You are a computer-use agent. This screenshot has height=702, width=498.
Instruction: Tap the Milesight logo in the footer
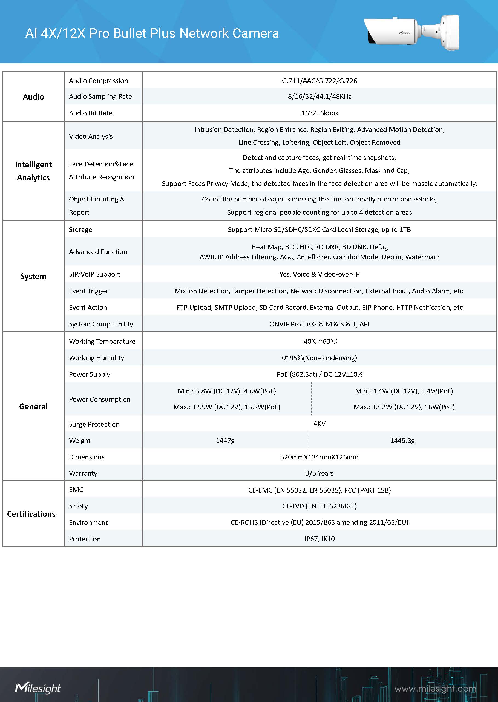(x=38, y=688)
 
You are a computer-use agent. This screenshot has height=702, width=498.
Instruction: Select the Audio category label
(x=33, y=97)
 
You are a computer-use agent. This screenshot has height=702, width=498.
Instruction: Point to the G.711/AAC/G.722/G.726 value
(x=319, y=81)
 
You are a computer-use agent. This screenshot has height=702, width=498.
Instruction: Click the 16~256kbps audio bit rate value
(x=319, y=113)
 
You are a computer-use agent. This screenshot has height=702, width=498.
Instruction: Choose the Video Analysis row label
(x=91, y=136)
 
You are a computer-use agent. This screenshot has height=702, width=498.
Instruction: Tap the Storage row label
(x=80, y=230)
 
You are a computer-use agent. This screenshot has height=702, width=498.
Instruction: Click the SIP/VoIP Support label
(x=94, y=274)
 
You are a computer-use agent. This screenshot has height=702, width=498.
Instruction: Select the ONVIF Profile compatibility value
(x=319, y=324)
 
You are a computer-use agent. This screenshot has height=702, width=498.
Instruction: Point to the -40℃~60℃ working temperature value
(x=319, y=341)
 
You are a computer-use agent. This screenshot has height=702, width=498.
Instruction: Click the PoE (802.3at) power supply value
(x=319, y=374)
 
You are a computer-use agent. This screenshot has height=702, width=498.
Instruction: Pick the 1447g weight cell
(x=225, y=441)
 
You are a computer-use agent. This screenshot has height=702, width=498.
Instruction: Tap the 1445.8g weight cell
(x=402, y=441)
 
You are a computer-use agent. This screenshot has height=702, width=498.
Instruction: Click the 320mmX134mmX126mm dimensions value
(x=319, y=457)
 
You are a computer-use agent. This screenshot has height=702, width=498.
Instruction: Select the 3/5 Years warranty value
(x=319, y=473)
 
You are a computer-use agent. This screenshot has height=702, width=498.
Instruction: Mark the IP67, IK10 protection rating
(x=319, y=539)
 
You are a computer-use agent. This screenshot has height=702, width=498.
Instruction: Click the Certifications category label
(x=31, y=514)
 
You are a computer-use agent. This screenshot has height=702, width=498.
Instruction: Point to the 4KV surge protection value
(x=319, y=424)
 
